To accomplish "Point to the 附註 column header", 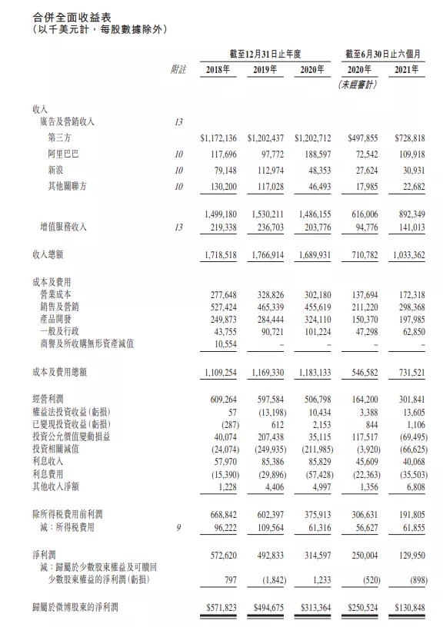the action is [178, 70].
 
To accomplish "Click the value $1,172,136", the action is [221, 139].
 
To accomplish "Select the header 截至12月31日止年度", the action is [267, 53].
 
